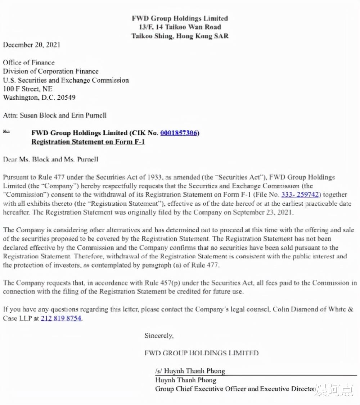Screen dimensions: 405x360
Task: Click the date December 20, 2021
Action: [x=32, y=45]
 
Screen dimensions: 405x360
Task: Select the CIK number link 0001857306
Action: [x=179, y=133]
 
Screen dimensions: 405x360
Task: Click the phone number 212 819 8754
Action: [x=61, y=318]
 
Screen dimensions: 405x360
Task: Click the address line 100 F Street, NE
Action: [x=27, y=89]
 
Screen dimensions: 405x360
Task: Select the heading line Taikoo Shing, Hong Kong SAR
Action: [x=180, y=36]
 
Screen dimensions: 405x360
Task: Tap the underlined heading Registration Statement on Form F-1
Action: [x=88, y=142]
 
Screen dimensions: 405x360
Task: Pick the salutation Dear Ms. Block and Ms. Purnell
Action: [x=50, y=159]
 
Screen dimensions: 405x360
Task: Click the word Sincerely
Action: [x=159, y=336]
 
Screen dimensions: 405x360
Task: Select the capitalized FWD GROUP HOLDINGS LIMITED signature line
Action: [x=201, y=353]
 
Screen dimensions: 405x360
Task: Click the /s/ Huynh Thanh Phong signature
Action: [x=190, y=371]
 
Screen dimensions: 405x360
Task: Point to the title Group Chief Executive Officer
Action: [x=202, y=389]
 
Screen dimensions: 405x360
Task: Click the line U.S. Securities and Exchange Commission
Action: [x=66, y=80]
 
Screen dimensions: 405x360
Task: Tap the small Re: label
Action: [x=6, y=132]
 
